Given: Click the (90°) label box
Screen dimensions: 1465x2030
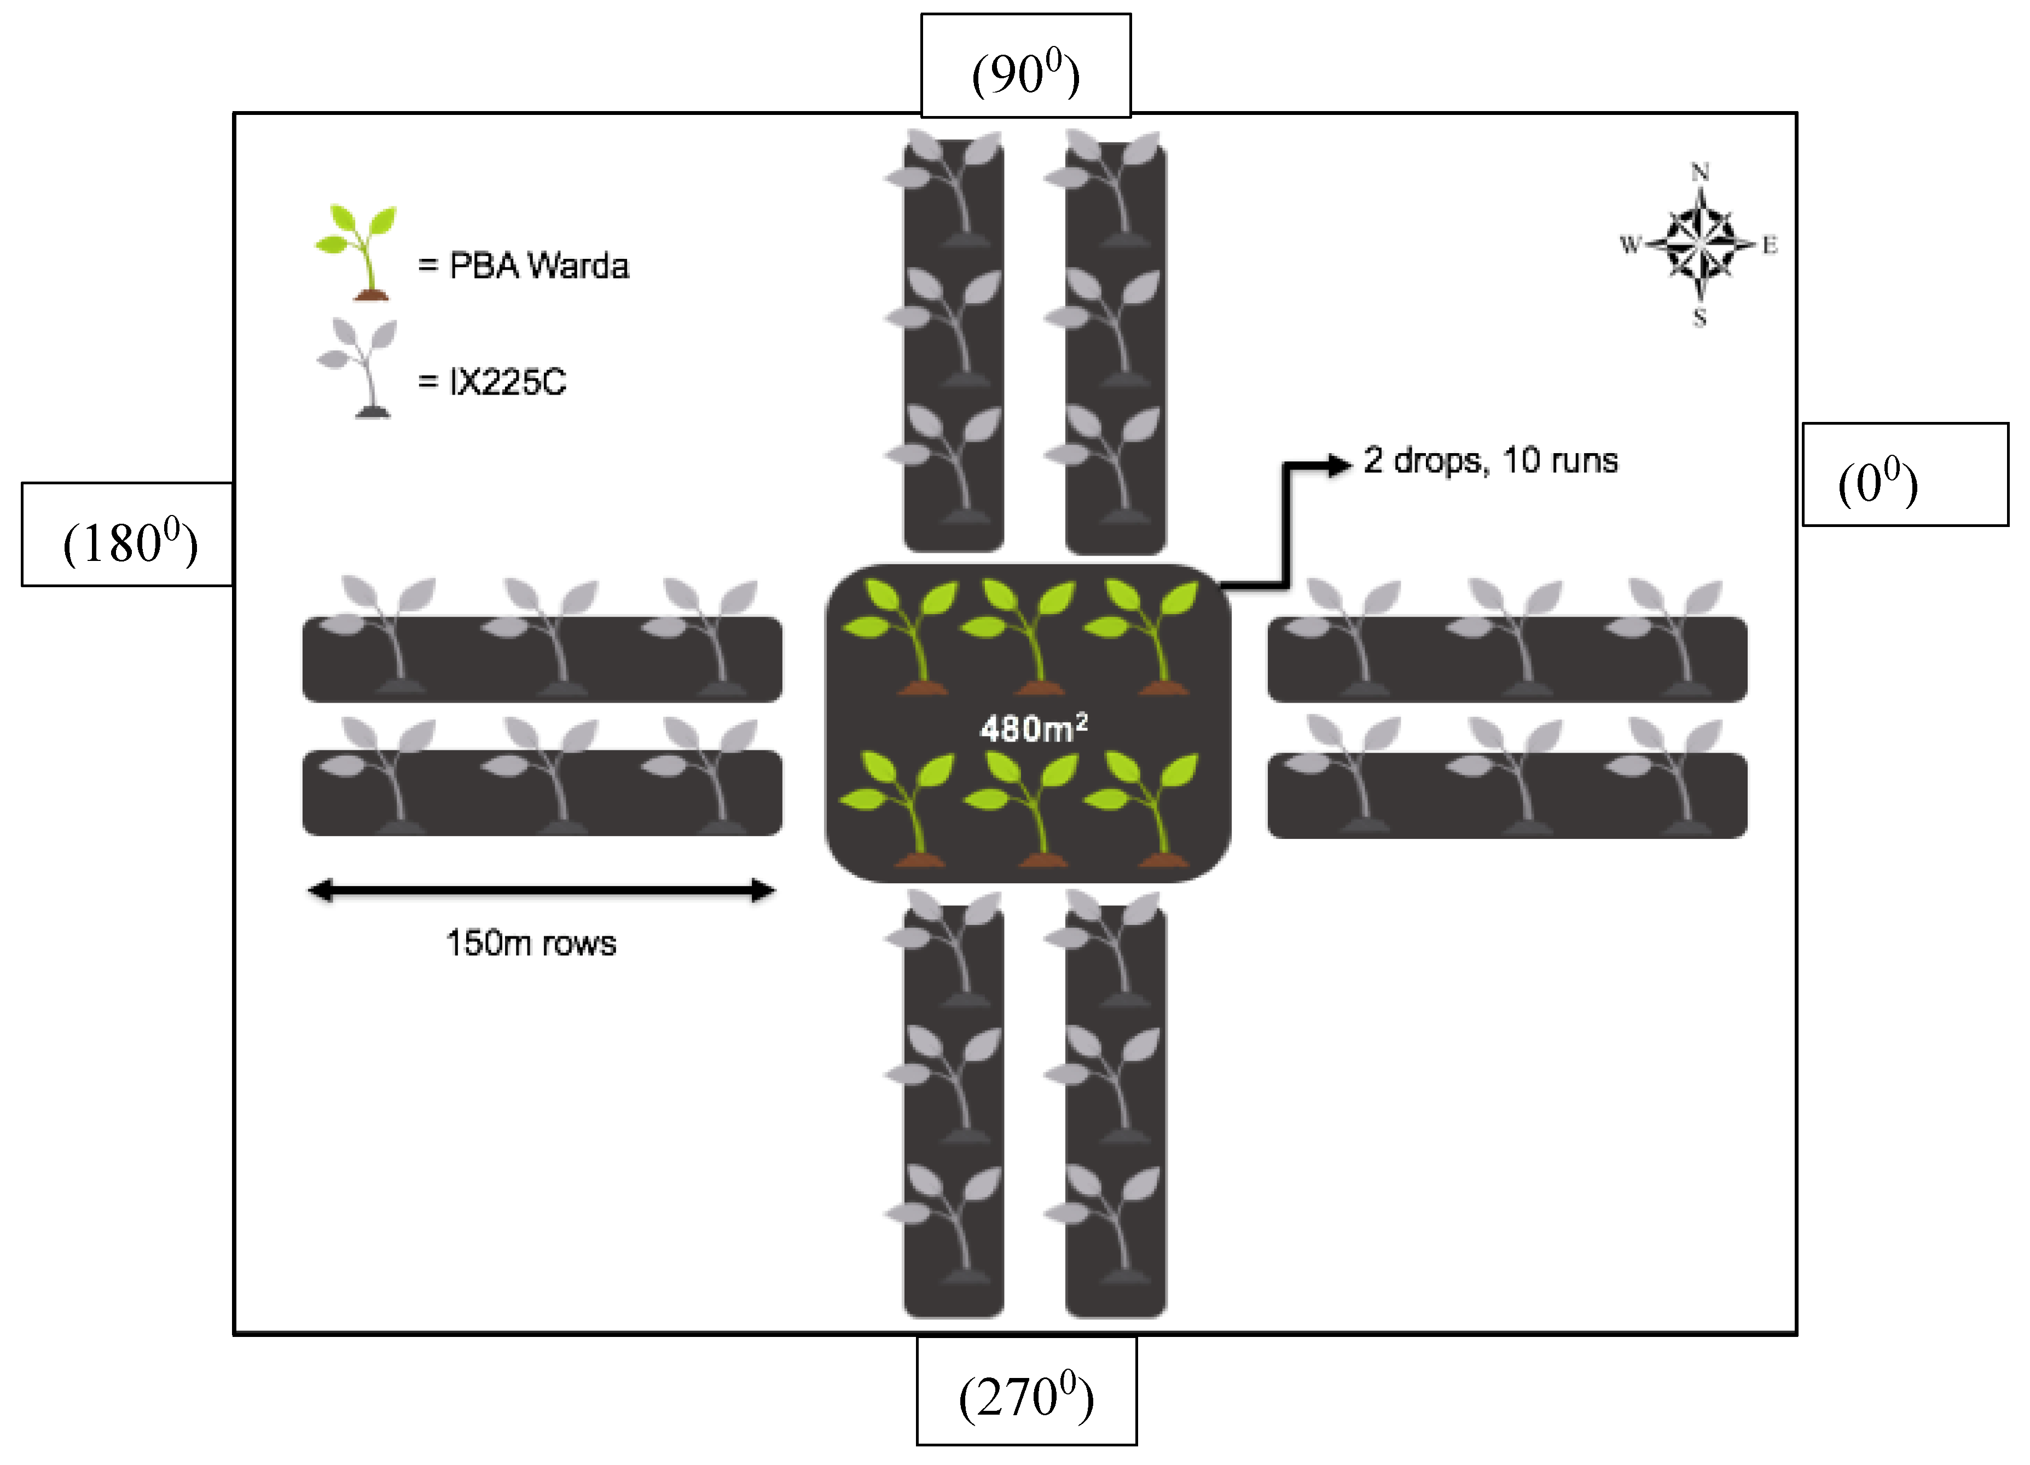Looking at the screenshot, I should click(1026, 65).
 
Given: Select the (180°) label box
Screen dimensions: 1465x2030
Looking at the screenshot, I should click(128, 534).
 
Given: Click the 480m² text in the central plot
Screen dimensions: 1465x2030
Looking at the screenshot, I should click(1033, 728).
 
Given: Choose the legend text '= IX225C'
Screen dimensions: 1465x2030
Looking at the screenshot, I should click(492, 382).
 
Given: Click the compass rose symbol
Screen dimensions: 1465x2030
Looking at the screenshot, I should click(1699, 244).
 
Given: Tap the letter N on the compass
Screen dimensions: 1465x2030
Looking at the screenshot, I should click(1700, 172).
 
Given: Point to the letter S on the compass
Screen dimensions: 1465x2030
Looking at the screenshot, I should click(1699, 317).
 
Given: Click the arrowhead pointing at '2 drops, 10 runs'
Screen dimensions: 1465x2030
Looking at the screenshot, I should click(1339, 464).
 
